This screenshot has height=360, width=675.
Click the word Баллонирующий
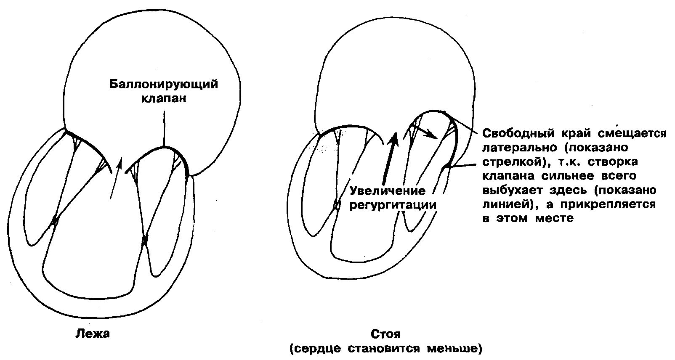pos(164,84)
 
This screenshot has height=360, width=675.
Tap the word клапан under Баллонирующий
pos(163,99)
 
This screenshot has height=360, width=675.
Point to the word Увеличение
pos(388,191)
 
